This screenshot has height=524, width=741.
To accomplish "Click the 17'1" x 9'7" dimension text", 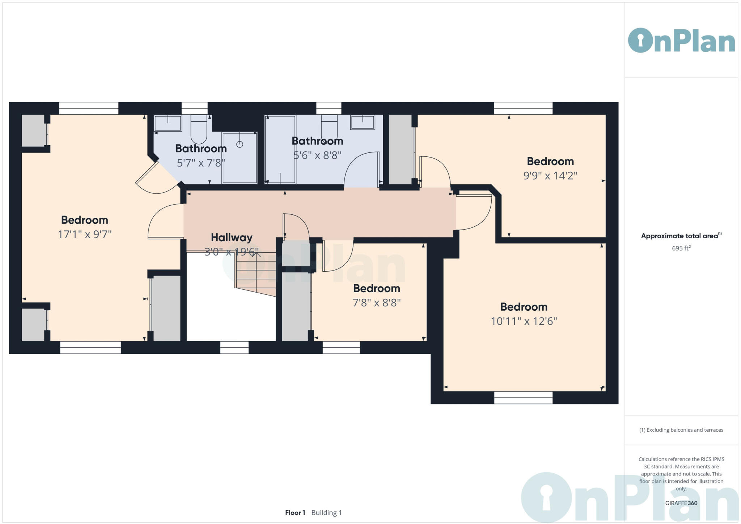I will click(85, 234).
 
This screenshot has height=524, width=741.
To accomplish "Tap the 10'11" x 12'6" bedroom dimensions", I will click(524, 321).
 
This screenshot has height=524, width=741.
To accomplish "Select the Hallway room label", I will click(232, 238).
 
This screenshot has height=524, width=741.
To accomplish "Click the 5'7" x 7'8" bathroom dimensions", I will click(201, 163).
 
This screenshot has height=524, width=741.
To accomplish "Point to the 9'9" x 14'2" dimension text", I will click(550, 176).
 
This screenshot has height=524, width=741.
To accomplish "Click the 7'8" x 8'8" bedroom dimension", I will click(376, 303).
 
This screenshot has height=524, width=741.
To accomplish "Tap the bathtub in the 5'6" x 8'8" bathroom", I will click(280, 149).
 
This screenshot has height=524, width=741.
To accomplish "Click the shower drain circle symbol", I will click(240, 144).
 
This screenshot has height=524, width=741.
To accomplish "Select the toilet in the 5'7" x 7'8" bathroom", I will click(199, 129).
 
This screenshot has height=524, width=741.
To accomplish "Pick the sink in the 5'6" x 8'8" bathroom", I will click(362, 122).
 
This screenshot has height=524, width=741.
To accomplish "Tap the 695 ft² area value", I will click(681, 248).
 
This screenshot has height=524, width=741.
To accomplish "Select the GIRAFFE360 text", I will click(681, 503).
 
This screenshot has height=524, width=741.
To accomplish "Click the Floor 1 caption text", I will click(295, 513).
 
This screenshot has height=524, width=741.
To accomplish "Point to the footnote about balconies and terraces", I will click(681, 430).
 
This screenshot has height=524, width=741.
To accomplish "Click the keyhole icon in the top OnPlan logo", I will click(640, 41).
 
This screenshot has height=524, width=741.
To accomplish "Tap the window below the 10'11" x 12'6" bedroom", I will click(523, 398).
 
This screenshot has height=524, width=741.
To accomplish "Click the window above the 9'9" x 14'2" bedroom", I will click(523, 108).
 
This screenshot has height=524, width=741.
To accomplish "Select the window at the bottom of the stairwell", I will click(234, 348).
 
